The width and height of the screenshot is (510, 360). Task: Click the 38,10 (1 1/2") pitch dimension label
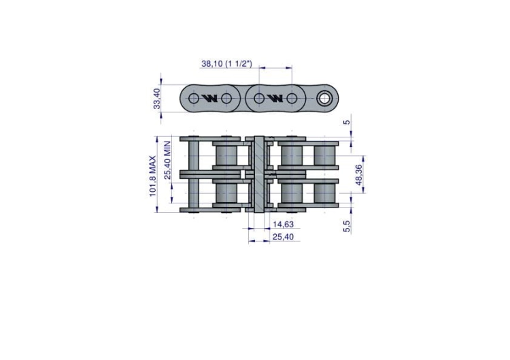coord(226,63)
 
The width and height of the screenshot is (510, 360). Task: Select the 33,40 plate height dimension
coord(157,98)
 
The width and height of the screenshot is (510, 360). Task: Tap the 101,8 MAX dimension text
coord(153,176)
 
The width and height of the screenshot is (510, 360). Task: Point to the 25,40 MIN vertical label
coord(167,160)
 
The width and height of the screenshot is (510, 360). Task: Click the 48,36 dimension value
coord(359,175)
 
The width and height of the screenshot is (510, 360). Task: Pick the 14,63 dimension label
coord(283,225)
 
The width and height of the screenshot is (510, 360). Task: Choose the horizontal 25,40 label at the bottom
coord(283,237)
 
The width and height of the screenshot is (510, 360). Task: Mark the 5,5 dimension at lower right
coord(347,226)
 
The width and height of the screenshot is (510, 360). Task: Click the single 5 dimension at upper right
coord(347,122)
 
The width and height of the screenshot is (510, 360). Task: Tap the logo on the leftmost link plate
coord(209,98)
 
